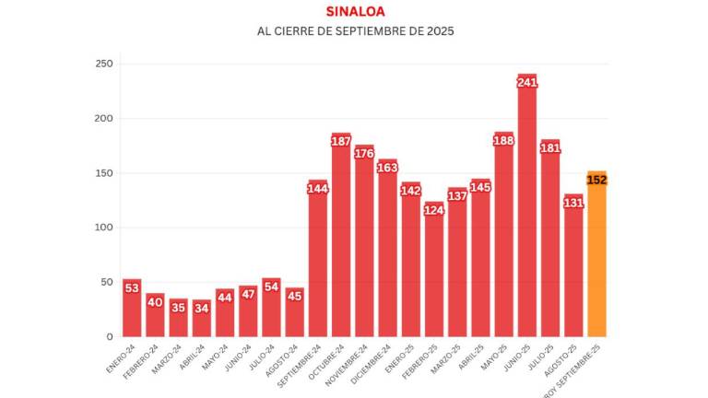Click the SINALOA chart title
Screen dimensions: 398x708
point(355,11)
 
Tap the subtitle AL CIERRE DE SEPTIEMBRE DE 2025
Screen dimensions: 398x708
point(355,31)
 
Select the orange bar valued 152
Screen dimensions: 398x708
point(596,258)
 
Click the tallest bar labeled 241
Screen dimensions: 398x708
point(526,212)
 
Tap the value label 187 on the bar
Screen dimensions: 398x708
point(341,141)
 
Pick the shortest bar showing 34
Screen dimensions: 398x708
point(202,322)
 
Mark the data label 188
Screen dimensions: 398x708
point(503,140)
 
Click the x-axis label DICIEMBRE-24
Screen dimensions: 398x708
point(371,361)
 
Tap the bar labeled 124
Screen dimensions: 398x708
point(434,276)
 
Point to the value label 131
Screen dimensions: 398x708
point(573,202)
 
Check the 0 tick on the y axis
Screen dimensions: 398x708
point(109,337)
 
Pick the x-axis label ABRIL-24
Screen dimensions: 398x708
point(191,353)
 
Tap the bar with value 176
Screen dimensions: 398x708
point(364,249)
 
